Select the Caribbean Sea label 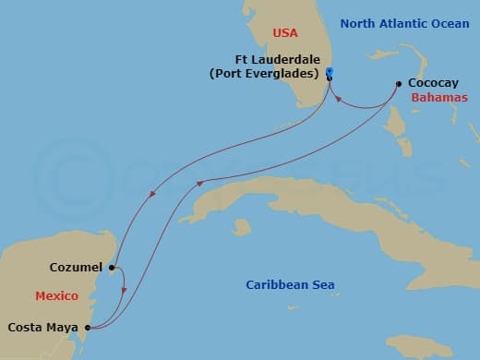[289, 285]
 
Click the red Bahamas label [438, 97]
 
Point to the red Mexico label [55, 296]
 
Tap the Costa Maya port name [43, 326]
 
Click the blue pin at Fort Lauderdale [330, 73]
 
